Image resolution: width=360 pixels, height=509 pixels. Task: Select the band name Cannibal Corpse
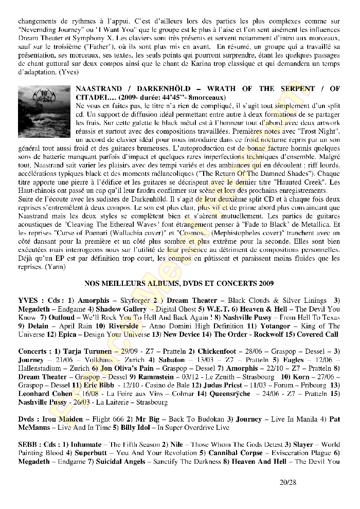click(x=233, y=452)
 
